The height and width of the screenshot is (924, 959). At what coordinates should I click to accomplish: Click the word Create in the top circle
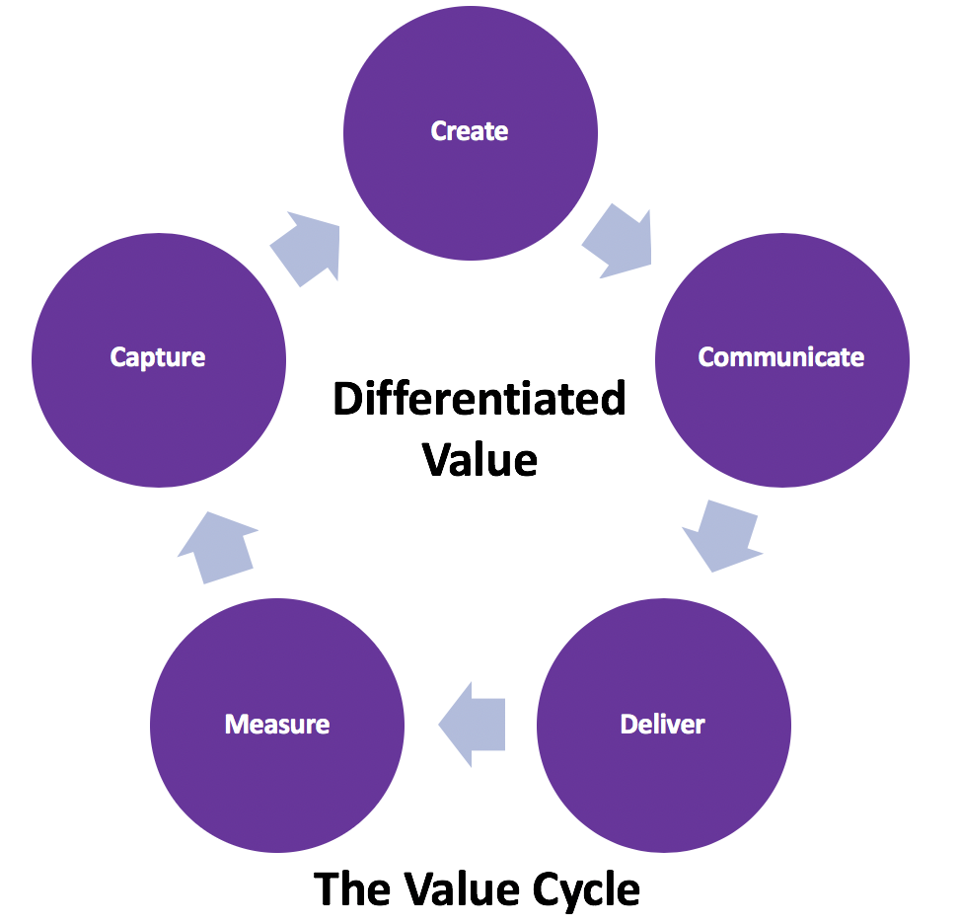pyautogui.click(x=469, y=131)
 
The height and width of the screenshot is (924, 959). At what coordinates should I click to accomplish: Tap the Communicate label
pyautogui.click(x=781, y=356)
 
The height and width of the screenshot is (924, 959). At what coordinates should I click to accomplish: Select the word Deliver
pyautogui.click(x=662, y=724)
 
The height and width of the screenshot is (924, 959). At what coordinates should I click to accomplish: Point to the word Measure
pyautogui.click(x=277, y=724)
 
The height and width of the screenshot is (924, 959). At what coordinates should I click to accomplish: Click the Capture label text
pyautogui.click(x=158, y=358)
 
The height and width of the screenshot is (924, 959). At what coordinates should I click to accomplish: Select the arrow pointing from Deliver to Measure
pyautogui.click(x=473, y=725)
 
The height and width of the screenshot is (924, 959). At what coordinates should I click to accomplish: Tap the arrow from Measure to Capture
pyautogui.click(x=217, y=547)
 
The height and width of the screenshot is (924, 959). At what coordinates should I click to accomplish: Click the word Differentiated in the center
pyautogui.click(x=479, y=399)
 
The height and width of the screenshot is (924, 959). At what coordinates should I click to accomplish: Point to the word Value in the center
pyautogui.click(x=479, y=460)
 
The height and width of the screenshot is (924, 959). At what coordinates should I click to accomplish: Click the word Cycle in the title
pyautogui.click(x=586, y=891)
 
